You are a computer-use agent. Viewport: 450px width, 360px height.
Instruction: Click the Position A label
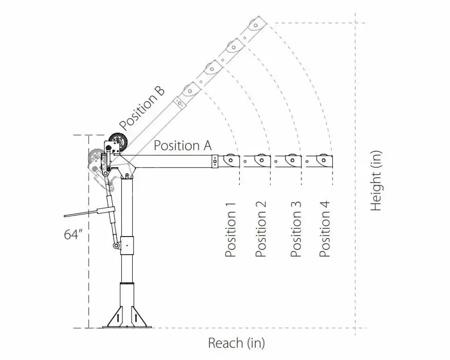click(183, 146)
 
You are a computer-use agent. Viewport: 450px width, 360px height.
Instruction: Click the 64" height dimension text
click(74, 235)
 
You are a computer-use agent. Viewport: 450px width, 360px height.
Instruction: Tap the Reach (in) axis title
click(236, 343)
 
